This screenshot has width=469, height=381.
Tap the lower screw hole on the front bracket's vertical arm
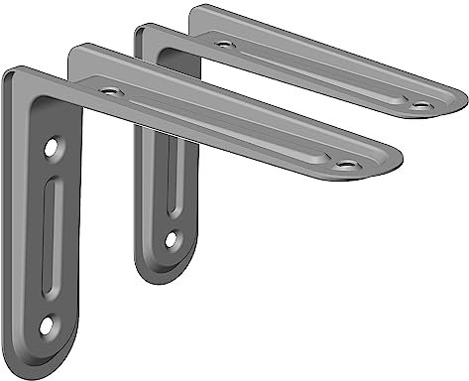(47, 324)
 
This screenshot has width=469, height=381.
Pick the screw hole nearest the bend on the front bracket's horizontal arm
(110, 92)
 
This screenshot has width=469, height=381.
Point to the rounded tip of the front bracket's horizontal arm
(392, 159)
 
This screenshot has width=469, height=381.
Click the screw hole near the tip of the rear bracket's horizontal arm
(421, 104)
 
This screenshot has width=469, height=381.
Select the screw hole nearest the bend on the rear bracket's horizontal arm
(223, 44)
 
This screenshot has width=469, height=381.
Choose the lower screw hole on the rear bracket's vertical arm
(171, 238)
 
